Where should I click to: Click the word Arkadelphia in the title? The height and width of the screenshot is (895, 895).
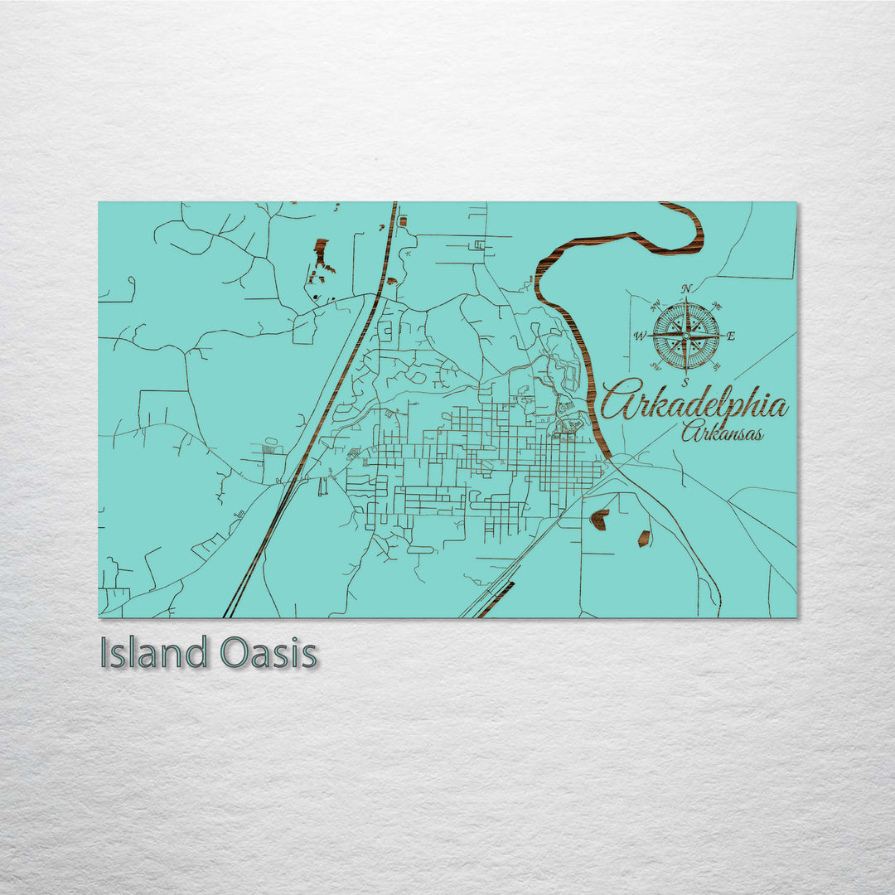click(694, 404)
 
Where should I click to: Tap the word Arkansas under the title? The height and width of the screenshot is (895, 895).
click(722, 432)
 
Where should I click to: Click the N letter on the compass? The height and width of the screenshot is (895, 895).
click(686, 289)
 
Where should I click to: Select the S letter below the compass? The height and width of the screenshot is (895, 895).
click(686, 382)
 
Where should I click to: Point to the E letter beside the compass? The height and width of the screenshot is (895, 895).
click(730, 336)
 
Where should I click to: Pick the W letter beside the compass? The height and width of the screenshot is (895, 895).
click(640, 336)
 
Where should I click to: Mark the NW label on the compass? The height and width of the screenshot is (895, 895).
click(656, 307)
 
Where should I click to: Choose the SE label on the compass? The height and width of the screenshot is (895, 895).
click(716, 365)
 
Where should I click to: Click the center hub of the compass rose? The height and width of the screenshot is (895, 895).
click(686, 336)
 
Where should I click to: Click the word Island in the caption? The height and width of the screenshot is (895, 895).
click(154, 654)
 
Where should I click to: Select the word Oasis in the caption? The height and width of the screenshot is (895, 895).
click(269, 654)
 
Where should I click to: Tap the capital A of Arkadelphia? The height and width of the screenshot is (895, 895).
click(620, 402)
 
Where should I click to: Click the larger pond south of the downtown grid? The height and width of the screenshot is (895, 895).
click(598, 520)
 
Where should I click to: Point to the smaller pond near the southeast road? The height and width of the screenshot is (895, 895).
click(643, 538)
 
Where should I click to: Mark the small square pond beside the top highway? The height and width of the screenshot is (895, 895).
click(403, 221)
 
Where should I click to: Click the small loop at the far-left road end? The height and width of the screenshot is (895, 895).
click(129, 290)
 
